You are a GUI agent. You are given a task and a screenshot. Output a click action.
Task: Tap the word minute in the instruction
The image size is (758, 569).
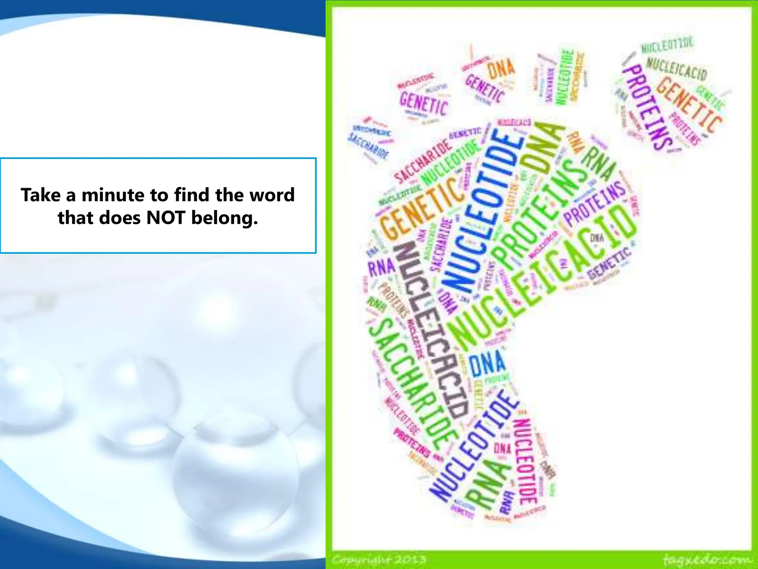coord(113,195)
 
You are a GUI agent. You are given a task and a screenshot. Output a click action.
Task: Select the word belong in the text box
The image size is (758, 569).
coord(224,218)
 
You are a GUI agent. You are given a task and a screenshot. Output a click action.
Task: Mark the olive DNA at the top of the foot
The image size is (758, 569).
coord(542,148)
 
